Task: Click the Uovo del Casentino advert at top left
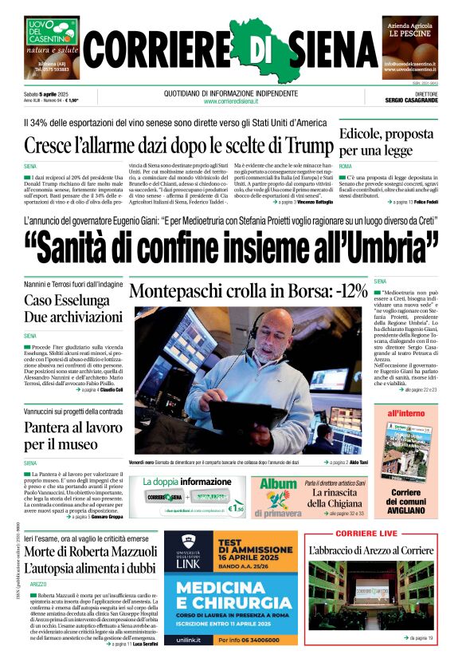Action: click(52, 45)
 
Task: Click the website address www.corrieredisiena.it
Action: click(231, 101)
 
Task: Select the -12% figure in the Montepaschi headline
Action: click(347, 290)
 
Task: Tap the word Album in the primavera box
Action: click(278, 484)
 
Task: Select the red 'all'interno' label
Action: click(405, 414)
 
